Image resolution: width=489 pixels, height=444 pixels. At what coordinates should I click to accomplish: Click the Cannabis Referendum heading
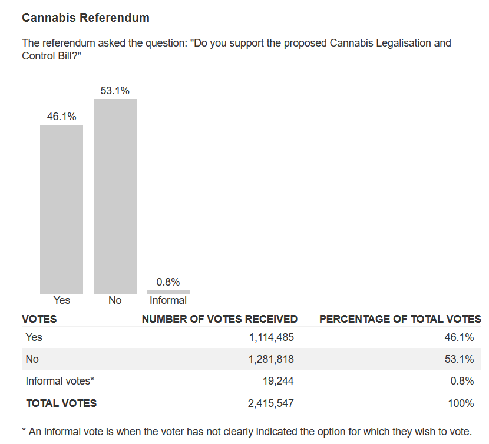pos(85,18)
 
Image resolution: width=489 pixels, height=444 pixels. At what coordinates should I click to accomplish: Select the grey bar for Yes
pos(61,209)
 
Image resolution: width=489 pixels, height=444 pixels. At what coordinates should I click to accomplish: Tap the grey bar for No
pos(115,196)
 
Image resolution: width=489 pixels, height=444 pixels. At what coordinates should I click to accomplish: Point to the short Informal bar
pos(168,292)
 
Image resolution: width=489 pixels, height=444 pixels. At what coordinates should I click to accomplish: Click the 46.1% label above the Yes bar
pos(61,117)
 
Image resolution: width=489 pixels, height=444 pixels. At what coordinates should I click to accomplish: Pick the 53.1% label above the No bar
pos(115,91)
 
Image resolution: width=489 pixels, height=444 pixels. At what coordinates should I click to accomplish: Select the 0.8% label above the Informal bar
pos(168,282)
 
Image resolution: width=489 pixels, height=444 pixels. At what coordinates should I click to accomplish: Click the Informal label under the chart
pos(168,300)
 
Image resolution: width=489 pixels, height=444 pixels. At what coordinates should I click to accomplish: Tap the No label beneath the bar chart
pos(115,300)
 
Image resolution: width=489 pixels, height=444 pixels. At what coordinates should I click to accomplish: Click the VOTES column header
pos(39,319)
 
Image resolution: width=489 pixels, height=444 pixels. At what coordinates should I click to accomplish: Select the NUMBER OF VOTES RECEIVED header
pos(219,319)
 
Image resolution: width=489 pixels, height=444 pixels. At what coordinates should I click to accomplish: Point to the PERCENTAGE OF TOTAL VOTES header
pos(400,319)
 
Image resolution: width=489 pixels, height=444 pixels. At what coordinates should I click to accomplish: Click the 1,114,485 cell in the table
pos(268,337)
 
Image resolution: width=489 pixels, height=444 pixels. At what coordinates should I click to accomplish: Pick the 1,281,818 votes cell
pos(268,359)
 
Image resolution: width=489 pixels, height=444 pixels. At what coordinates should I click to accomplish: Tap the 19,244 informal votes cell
pos(278,381)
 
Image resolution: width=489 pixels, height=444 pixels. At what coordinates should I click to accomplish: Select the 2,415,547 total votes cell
pos(268,403)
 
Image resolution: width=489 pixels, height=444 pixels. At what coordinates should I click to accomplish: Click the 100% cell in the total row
pos(461,403)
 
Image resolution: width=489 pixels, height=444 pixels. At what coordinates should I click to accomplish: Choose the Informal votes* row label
pos(60,381)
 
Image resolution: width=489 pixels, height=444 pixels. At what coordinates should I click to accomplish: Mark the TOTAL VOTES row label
pos(61,403)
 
